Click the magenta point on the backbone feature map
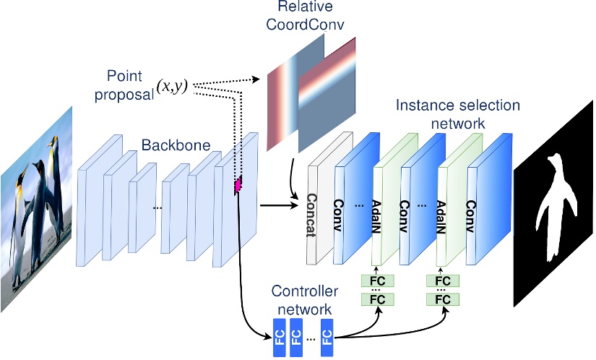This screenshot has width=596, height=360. click(x=236, y=187)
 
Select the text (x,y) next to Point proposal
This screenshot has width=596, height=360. click(x=173, y=85)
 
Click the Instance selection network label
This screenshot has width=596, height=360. click(x=457, y=113)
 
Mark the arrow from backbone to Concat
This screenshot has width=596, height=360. click(x=278, y=205)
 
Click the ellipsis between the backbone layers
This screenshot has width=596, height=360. click(x=157, y=208)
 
